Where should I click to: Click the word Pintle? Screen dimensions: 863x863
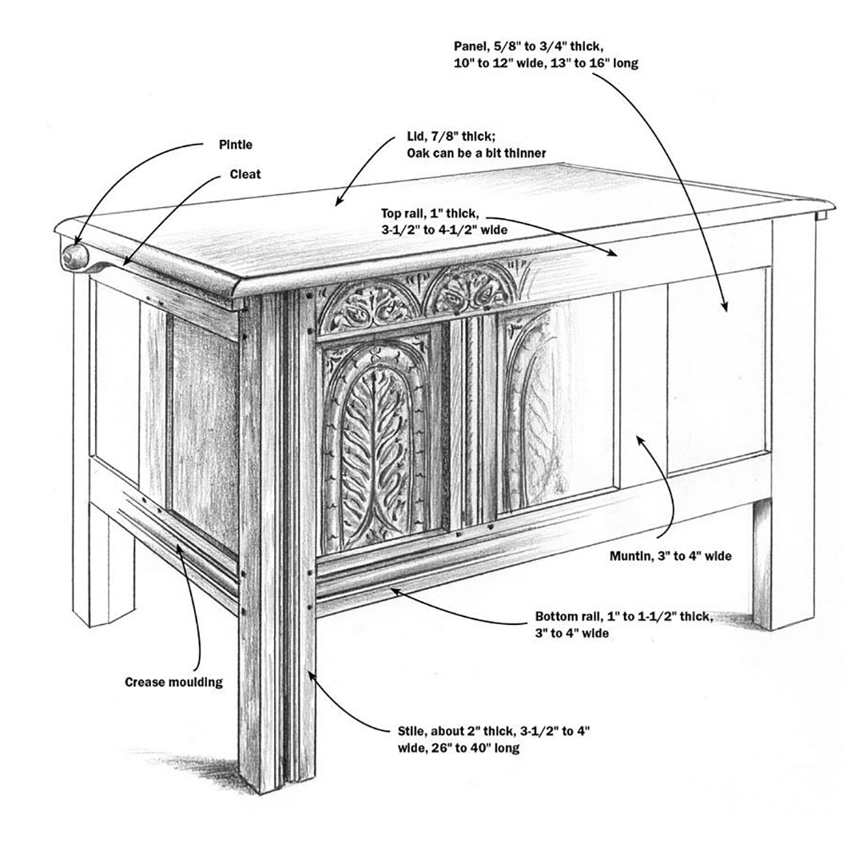(236, 145)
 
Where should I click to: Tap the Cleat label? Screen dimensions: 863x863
(245, 173)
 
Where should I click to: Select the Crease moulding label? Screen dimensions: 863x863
(173, 682)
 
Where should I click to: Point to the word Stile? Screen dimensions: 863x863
(411, 731)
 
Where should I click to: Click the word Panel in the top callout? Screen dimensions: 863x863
(469, 47)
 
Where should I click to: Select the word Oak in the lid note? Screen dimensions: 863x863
(419, 153)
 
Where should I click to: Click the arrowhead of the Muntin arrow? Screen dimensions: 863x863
(638, 437)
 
